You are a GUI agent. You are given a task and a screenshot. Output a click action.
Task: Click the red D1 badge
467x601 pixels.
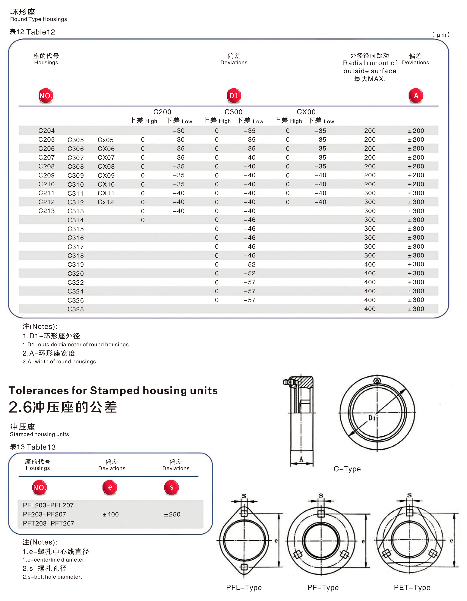coord(234,96)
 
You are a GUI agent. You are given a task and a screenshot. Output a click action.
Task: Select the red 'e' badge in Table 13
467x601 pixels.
coord(110,487)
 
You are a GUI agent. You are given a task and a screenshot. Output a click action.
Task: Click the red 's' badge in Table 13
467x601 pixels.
coord(171,487)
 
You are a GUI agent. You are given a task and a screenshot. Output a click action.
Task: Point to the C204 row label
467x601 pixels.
coord(47,131)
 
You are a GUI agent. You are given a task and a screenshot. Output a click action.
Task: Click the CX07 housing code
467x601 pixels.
coord(106,158)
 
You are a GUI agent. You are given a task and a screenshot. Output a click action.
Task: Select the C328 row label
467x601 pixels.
coord(76,309)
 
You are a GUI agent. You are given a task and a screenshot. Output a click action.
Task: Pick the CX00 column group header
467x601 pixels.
coord(306,112)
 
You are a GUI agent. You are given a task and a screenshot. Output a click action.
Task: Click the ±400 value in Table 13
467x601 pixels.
coord(111,514)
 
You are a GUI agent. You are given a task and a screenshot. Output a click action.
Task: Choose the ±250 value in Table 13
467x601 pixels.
coord(172,514)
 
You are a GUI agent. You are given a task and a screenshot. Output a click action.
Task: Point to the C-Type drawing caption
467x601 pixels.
coord(347,469)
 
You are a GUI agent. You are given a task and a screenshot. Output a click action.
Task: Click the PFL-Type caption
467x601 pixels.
coord(244,587)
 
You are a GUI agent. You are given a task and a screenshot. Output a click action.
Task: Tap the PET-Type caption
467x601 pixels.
coord(412,587)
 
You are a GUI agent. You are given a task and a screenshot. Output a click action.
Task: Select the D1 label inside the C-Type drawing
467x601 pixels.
coord(372,418)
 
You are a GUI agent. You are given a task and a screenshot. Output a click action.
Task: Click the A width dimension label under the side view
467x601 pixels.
coord(301,459)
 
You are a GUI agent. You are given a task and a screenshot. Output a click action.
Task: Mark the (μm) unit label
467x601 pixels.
coord(441,35)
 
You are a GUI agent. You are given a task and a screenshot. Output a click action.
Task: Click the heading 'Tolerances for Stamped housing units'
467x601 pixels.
coord(113,391)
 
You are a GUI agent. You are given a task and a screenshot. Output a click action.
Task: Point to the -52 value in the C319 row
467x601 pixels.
coord(250,264)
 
